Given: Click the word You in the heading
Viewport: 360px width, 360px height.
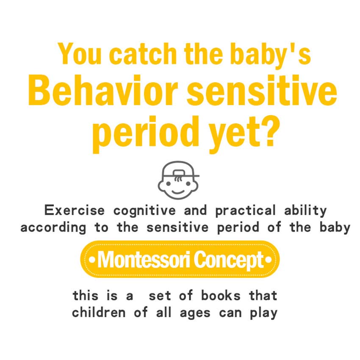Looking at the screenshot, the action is coord(80,54).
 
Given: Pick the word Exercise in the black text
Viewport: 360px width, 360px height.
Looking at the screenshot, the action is coord(75,210).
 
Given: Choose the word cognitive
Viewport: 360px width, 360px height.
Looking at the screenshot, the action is coord(144,211).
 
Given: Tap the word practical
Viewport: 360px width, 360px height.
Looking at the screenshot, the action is coord(245,211).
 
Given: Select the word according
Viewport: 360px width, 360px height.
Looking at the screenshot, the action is coord(53,228).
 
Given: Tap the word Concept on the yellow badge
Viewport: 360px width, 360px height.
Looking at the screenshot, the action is coord(229,260).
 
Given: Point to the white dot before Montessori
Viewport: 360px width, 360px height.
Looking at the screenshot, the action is coord(92,260).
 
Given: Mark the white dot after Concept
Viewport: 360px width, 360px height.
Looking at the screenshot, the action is coord(269,260).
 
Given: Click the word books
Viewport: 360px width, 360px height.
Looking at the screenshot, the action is coord(221,295).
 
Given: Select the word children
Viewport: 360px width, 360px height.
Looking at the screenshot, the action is coord(99,313).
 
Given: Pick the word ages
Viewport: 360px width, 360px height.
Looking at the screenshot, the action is coord(195,313).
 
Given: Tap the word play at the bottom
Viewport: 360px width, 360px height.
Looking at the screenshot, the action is coord(263,313).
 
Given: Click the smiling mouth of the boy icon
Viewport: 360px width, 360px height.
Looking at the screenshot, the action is coord(178,192).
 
